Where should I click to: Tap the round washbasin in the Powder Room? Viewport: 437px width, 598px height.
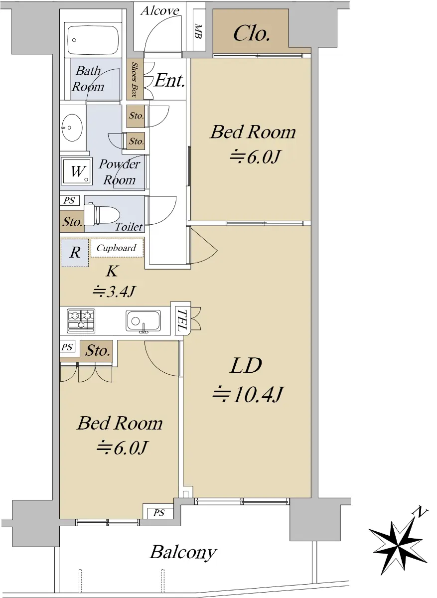pyautogui.click(x=72, y=128)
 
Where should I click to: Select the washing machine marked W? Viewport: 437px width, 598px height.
pyautogui.click(x=77, y=171)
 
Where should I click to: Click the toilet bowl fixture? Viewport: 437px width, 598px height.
pyautogui.click(x=102, y=214)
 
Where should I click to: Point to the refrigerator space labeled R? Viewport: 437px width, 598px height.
pyautogui.click(x=74, y=253)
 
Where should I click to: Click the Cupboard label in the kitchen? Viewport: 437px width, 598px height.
pyautogui.click(x=117, y=248)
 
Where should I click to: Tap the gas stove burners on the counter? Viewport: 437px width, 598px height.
pyautogui.click(x=81, y=320)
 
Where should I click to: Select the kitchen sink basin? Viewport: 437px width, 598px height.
pyautogui.click(x=144, y=320)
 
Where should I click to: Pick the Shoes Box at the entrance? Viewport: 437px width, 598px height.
pyautogui.click(x=135, y=79)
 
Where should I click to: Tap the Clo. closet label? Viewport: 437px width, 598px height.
pyautogui.click(x=251, y=34)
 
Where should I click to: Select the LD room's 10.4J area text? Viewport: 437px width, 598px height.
pyautogui.click(x=248, y=394)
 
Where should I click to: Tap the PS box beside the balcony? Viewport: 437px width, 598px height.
pyautogui.click(x=158, y=513)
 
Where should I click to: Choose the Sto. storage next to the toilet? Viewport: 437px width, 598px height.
pyautogui.click(x=72, y=221)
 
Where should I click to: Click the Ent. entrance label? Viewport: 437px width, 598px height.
pyautogui.click(x=170, y=80)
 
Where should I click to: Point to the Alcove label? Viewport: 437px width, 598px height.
pyautogui.click(x=159, y=10)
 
